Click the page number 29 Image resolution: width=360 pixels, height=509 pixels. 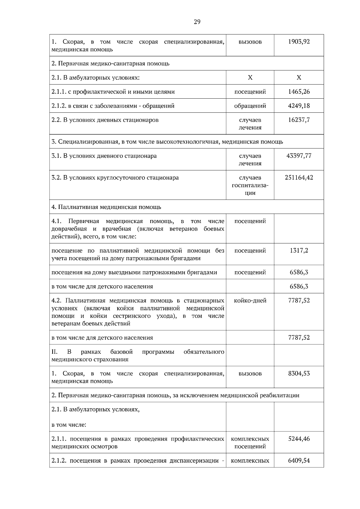(x=197, y=22)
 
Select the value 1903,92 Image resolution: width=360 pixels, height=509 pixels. (x=299, y=42)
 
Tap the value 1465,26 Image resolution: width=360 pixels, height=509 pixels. (x=299, y=92)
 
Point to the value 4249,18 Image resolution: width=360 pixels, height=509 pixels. (x=299, y=106)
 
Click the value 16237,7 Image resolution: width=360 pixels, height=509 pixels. (x=299, y=120)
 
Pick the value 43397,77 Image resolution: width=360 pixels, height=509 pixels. (x=299, y=156)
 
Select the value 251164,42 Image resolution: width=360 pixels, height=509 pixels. (x=299, y=177)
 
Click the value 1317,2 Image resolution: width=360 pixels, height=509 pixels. (x=299, y=251)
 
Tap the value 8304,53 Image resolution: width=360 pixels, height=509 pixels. (x=299, y=374)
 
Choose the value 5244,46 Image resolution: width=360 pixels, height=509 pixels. (x=299, y=439)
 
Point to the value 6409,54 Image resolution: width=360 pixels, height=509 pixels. (x=299, y=460)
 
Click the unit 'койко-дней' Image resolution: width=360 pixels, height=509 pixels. (x=250, y=300)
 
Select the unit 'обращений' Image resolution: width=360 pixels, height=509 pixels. (x=250, y=106)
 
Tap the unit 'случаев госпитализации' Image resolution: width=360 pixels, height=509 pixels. (x=250, y=185)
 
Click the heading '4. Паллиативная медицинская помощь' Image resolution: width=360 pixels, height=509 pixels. (x=106, y=207)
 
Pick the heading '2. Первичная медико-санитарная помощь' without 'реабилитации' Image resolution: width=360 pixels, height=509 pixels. (x=110, y=63)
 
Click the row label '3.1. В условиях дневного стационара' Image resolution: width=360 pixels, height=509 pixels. (x=104, y=156)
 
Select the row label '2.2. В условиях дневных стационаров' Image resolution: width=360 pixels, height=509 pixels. (x=105, y=120)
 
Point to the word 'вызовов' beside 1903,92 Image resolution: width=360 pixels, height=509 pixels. (x=250, y=42)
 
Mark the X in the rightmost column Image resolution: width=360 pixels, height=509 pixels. (x=299, y=78)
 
